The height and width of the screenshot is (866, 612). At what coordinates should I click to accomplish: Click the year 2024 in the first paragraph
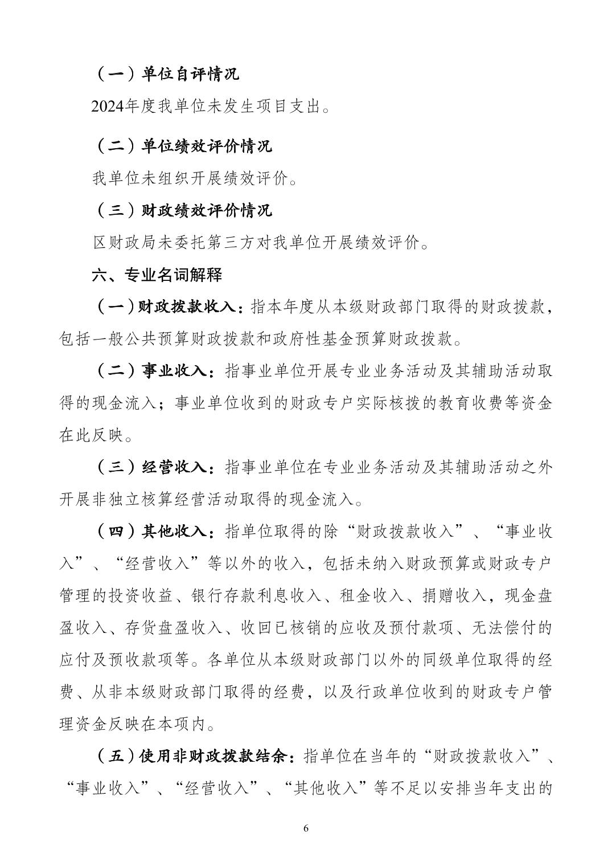(x=108, y=107)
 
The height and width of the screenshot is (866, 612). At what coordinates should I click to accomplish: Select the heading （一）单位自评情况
(x=166, y=74)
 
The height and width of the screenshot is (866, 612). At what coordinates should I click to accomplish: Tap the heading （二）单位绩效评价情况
(x=182, y=146)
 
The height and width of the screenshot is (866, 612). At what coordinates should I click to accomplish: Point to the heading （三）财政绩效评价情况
(x=182, y=211)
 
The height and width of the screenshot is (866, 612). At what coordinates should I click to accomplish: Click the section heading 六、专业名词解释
(x=157, y=276)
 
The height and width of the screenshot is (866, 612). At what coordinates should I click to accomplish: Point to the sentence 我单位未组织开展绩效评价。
(x=195, y=179)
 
